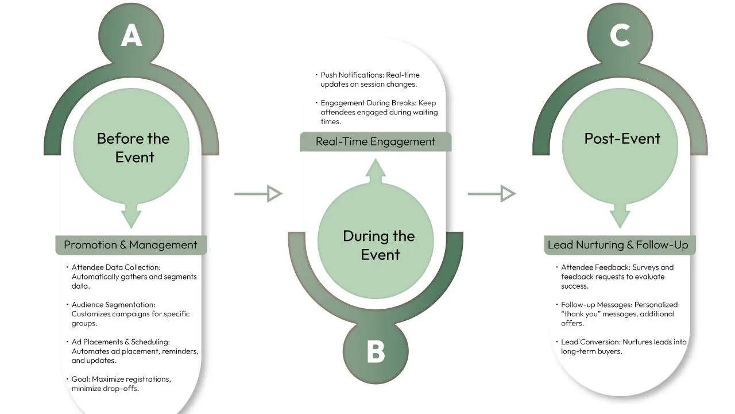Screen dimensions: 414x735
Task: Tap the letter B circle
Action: pos(376,351)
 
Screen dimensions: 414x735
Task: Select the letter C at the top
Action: pos(620,36)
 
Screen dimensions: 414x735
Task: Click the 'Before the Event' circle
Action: pos(133,148)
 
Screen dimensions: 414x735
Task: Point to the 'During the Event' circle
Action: pos(379,245)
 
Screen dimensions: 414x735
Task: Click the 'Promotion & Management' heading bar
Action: pos(131,245)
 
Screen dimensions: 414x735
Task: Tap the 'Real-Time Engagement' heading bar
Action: pos(376,141)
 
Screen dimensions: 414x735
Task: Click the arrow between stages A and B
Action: pos(258,194)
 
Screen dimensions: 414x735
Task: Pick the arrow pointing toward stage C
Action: pos(492,194)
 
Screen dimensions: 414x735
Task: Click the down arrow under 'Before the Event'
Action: pos(131,217)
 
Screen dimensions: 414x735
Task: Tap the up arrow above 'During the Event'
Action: pos(376,171)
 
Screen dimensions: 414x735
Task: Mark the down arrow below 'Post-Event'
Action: pos(620,217)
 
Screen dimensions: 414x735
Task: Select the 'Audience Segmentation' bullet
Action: pos(130,314)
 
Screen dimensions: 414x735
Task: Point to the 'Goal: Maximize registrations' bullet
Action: pos(121,384)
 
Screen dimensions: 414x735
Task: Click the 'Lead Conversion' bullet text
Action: pos(624,346)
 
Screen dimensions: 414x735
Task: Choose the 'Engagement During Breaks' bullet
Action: pos(379,112)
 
